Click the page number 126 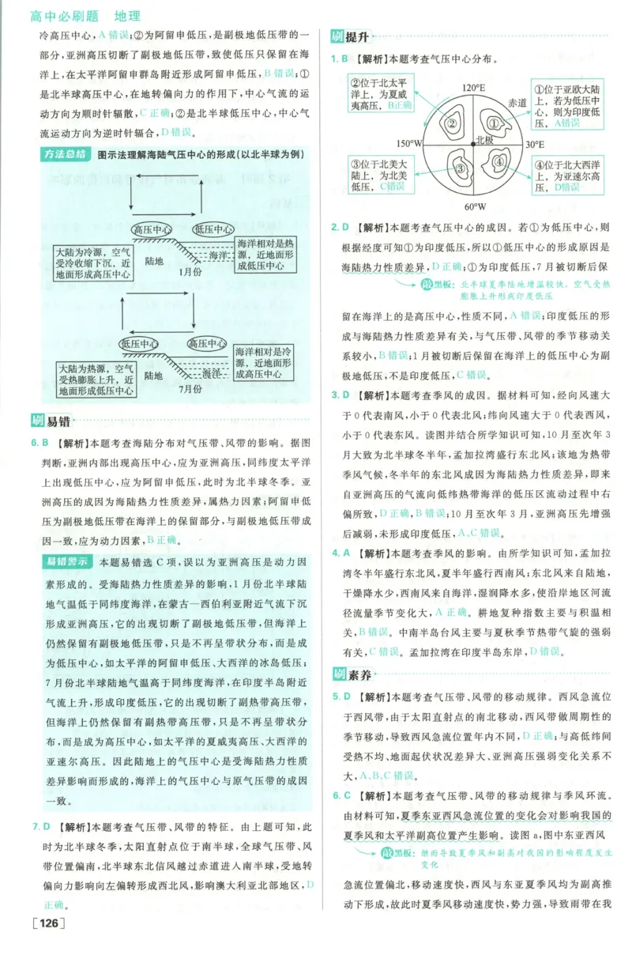point(47,923)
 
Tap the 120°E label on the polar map point(473,86)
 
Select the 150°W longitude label point(409,144)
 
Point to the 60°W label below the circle point(474,206)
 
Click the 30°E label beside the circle point(535,145)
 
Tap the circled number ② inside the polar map point(452,123)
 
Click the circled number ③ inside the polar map point(460,167)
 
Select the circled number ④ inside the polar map point(498,162)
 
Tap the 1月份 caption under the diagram point(190,271)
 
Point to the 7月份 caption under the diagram point(190,389)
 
